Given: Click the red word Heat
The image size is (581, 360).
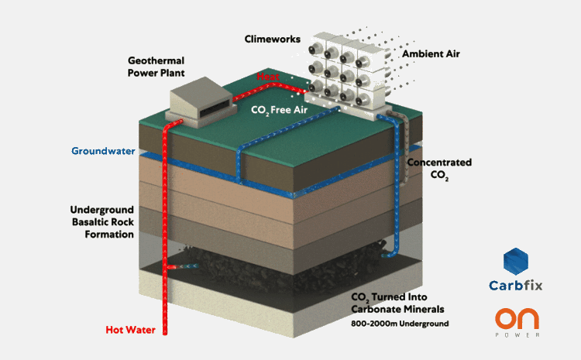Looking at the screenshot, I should click(x=270, y=78).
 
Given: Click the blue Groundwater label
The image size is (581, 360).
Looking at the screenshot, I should click(x=104, y=151).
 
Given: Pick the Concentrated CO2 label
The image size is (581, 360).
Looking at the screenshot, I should click(x=439, y=170).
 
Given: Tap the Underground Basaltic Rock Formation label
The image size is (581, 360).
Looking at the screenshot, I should click(x=102, y=222).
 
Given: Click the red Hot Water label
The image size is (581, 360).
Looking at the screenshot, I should click(x=130, y=330).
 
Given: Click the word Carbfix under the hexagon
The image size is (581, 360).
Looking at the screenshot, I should click(x=516, y=286).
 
